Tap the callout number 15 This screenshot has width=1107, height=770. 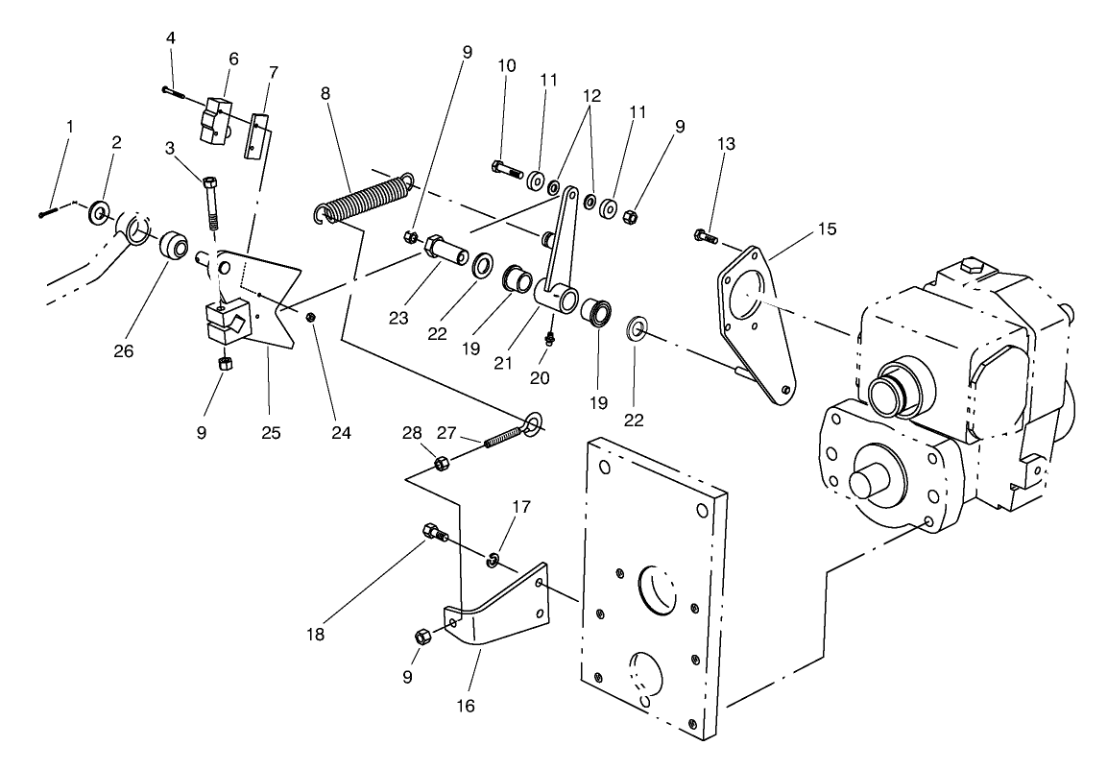coord(827,229)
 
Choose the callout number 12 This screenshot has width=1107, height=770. coord(590,96)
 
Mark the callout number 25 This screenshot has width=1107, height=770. coord(271,433)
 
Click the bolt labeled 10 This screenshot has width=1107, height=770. coord(508,171)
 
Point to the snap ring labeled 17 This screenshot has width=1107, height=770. coord(492,560)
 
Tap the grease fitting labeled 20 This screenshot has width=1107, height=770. coord(549,337)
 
